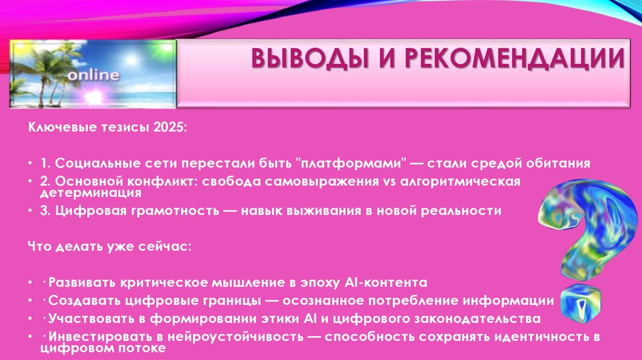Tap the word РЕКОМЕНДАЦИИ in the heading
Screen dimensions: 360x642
pyautogui.click(x=517, y=61)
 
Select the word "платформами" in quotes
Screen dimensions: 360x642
pyautogui.click(x=353, y=164)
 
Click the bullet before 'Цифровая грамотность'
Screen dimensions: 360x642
pyautogui.click(x=31, y=211)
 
